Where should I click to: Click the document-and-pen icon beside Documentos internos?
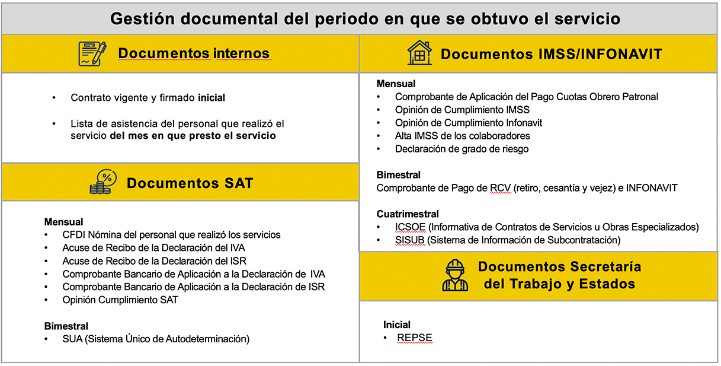92,54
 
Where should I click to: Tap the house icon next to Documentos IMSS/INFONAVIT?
419,53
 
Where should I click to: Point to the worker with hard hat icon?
455,275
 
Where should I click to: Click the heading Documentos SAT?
190,183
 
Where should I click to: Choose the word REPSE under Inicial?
415,338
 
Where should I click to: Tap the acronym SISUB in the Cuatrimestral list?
411,240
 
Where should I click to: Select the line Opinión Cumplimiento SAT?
120,300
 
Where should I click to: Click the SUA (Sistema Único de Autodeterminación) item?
156,339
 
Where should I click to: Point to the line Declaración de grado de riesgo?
462,149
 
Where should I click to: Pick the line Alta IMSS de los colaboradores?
462,136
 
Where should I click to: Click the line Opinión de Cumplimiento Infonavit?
469,123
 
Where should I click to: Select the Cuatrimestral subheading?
408,214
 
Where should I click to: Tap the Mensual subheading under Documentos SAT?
63,222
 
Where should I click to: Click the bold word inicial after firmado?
212,98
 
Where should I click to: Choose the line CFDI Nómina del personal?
171,235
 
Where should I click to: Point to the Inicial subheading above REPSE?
397,325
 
